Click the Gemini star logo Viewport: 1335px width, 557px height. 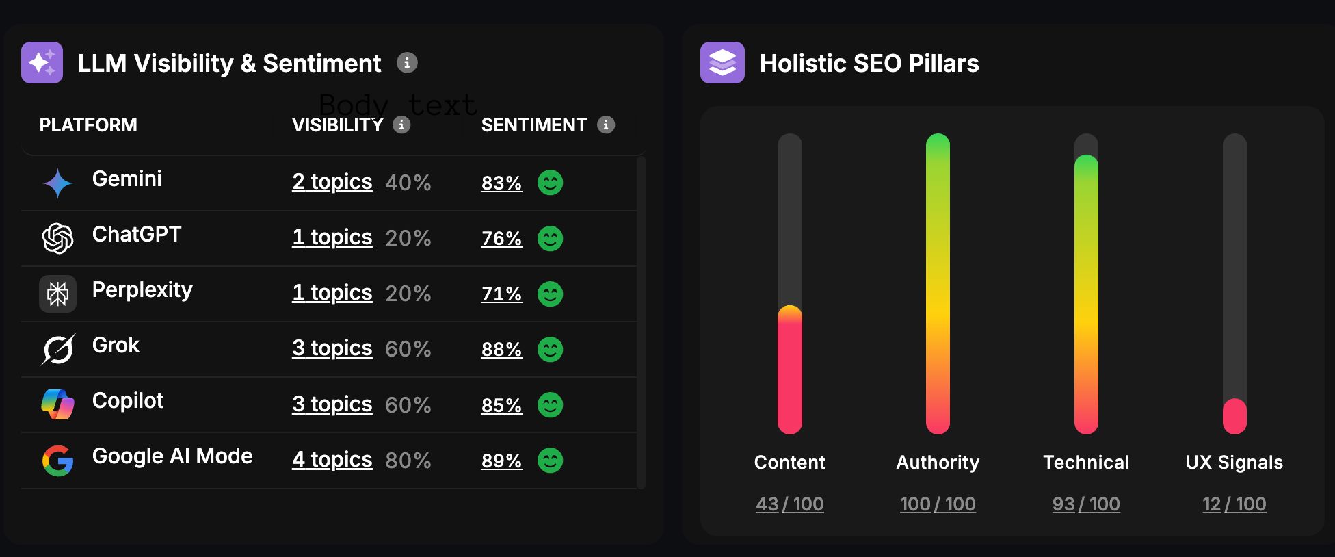tap(57, 183)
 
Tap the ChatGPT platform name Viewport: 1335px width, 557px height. tap(136, 235)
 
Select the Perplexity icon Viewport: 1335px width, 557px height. tap(57, 294)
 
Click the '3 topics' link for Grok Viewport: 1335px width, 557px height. tap(332, 348)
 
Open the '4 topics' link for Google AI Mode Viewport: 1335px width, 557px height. tap(332, 460)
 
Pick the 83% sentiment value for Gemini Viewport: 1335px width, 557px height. tap(501, 183)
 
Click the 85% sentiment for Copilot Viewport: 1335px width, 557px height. tap(501, 405)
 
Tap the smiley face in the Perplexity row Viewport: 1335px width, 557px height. tap(550, 294)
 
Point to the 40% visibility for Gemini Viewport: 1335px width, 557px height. tap(408, 183)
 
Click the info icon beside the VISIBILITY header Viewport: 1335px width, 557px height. tap(401, 125)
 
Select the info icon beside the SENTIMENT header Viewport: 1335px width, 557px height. tap(606, 125)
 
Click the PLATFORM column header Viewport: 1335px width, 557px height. tap(88, 125)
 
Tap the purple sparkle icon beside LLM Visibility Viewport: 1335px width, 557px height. tap(42, 63)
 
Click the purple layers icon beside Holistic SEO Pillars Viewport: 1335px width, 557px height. tap(722, 63)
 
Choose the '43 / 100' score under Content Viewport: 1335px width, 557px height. tap(789, 504)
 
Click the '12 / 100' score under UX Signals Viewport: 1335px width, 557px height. tap(1234, 504)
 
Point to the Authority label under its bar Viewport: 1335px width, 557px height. tap(938, 463)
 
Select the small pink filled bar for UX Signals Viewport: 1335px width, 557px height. tap(1234, 416)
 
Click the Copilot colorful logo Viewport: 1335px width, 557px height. tap(57, 404)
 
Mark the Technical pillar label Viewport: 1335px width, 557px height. tap(1086, 463)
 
